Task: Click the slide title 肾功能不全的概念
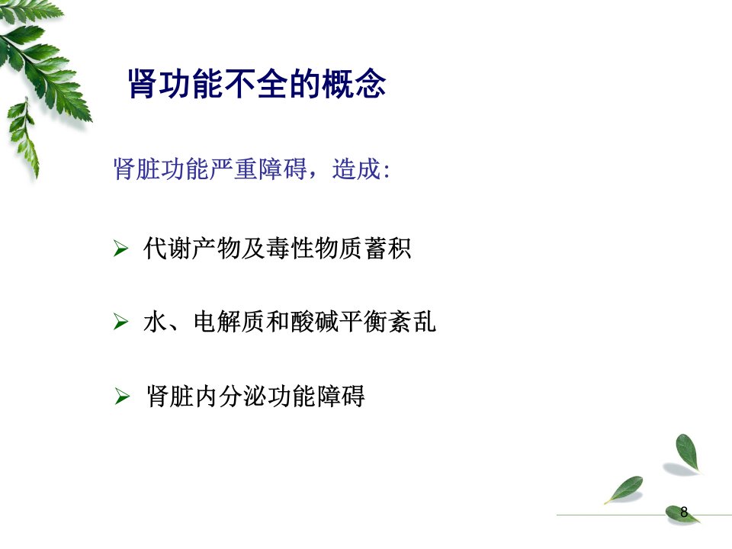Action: (257, 84)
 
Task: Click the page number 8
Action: (684, 512)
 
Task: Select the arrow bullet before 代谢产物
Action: (120, 249)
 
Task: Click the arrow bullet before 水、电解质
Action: (120, 322)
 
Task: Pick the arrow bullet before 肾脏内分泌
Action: (122, 396)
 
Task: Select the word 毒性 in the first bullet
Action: (291, 248)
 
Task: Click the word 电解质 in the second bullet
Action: (230, 322)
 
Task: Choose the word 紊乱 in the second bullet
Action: (413, 322)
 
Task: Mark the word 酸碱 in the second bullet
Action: (315, 322)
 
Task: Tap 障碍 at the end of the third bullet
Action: (341, 396)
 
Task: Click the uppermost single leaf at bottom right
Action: (687, 452)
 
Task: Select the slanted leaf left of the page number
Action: (624, 490)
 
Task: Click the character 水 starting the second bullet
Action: (156, 322)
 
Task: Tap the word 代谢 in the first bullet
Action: (168, 248)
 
